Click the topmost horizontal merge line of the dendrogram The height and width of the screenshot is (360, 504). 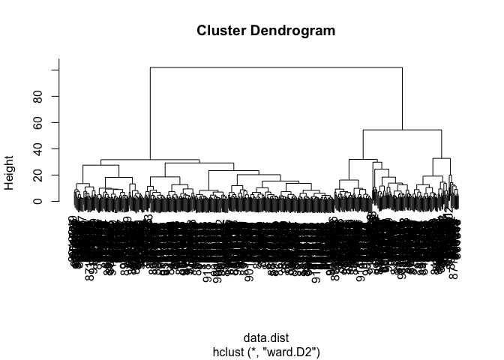pos(276,67)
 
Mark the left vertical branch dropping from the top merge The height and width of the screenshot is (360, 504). pos(150,112)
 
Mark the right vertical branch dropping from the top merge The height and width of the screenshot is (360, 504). pos(403,98)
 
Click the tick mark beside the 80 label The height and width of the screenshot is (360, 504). pos(54,96)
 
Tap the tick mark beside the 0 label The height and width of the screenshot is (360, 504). pos(54,201)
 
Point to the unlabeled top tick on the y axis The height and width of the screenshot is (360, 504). pos(54,70)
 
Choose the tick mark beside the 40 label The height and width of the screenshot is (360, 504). pos(54,148)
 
